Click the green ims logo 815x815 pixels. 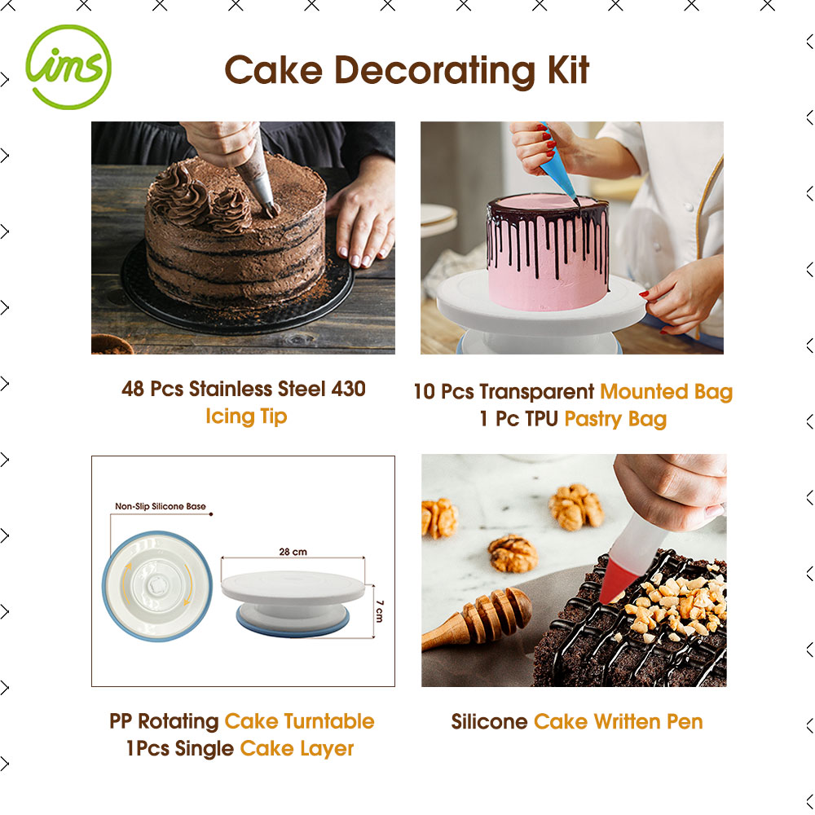coord(68,67)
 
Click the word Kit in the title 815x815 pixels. coord(568,70)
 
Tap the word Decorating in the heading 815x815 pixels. coord(434,71)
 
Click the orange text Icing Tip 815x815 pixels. coord(246,416)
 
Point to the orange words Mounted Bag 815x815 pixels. coord(667,392)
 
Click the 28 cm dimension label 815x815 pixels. coord(293,552)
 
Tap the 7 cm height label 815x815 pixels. coord(380,610)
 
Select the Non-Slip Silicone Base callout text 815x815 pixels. coord(160,506)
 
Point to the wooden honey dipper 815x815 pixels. coord(476,618)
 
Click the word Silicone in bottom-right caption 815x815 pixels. coord(489,721)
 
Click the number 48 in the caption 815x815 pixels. coord(133,389)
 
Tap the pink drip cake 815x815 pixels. coord(548,252)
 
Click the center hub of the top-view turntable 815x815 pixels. coord(156,585)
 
